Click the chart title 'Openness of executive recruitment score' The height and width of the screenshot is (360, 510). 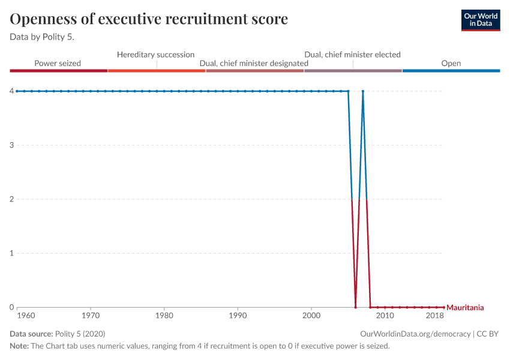(149, 19)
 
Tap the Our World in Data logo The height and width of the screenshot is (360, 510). (481, 20)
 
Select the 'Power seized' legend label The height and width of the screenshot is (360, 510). (58, 63)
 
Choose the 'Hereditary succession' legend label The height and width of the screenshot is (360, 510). (155, 55)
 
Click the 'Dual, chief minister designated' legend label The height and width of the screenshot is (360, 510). (254, 63)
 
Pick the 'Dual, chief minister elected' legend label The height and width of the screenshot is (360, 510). (352, 55)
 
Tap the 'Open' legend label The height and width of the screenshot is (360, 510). (451, 63)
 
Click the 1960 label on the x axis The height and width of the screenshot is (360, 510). (25, 315)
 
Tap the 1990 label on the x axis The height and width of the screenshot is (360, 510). (238, 315)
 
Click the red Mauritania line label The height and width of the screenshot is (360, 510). (465, 308)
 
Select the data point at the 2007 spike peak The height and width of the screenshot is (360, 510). (363, 91)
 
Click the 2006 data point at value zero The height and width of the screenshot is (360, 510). (356, 307)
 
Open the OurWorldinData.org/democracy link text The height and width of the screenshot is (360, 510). (415, 334)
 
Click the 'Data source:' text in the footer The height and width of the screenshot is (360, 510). (31, 334)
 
